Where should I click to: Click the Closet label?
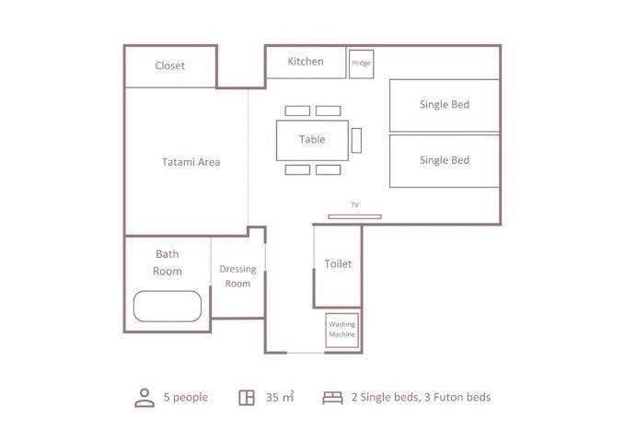coord(169,65)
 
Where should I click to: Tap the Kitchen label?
coord(306,62)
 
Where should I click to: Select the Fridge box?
coord(362,64)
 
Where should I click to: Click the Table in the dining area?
coord(312,140)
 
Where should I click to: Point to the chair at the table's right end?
coord(357,140)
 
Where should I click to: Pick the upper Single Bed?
coord(445,105)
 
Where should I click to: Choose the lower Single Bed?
coord(445,161)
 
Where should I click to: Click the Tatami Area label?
coord(191,162)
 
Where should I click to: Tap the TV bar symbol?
coord(354,216)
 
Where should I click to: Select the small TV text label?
coord(354,205)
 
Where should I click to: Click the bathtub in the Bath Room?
coord(168,307)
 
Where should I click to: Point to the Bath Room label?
coord(168,262)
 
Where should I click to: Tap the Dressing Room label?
coord(238,276)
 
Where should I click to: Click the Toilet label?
coord(338,263)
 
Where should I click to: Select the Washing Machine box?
coord(342,330)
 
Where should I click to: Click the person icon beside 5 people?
coord(145,398)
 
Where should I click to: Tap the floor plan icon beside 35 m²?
coord(247,398)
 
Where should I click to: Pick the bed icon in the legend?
coord(332,398)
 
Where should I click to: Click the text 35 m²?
coord(280,397)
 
